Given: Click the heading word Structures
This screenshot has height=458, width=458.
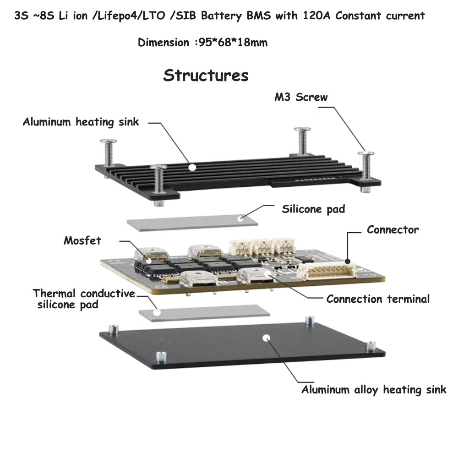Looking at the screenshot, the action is tap(206, 76).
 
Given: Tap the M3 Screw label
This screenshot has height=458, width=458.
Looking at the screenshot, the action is tap(301, 97).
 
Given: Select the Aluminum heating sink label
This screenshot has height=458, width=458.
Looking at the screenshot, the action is tap(81, 122).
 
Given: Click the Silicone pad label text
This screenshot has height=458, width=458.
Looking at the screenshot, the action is tap(313, 209).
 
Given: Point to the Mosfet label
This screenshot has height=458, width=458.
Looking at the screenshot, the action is tap(82, 240).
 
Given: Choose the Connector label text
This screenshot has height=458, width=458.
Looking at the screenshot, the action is tap(393, 229).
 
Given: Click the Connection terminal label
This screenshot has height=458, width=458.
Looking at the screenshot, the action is tap(378, 299).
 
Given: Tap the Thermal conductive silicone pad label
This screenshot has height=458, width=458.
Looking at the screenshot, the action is tap(84, 299).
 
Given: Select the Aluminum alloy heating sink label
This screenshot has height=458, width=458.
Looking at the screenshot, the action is tap(374, 390).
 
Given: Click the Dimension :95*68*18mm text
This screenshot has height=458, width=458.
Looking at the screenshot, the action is tap(202, 42).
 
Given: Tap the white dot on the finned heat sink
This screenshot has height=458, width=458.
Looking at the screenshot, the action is tap(192, 167).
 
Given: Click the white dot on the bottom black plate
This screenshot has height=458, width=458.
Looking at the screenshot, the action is tap(266, 338).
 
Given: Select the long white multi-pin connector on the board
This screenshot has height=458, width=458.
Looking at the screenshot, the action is tap(327, 271).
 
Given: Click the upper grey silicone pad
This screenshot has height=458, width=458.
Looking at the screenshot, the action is tap(192, 223).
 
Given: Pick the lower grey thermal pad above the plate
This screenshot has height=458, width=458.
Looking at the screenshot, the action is tap(204, 313).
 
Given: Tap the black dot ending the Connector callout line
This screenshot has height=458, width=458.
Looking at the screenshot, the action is tap(348, 261).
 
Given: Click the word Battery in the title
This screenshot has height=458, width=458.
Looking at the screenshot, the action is tap(221, 16).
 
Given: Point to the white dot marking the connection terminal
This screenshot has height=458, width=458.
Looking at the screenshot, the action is tap(268, 274).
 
